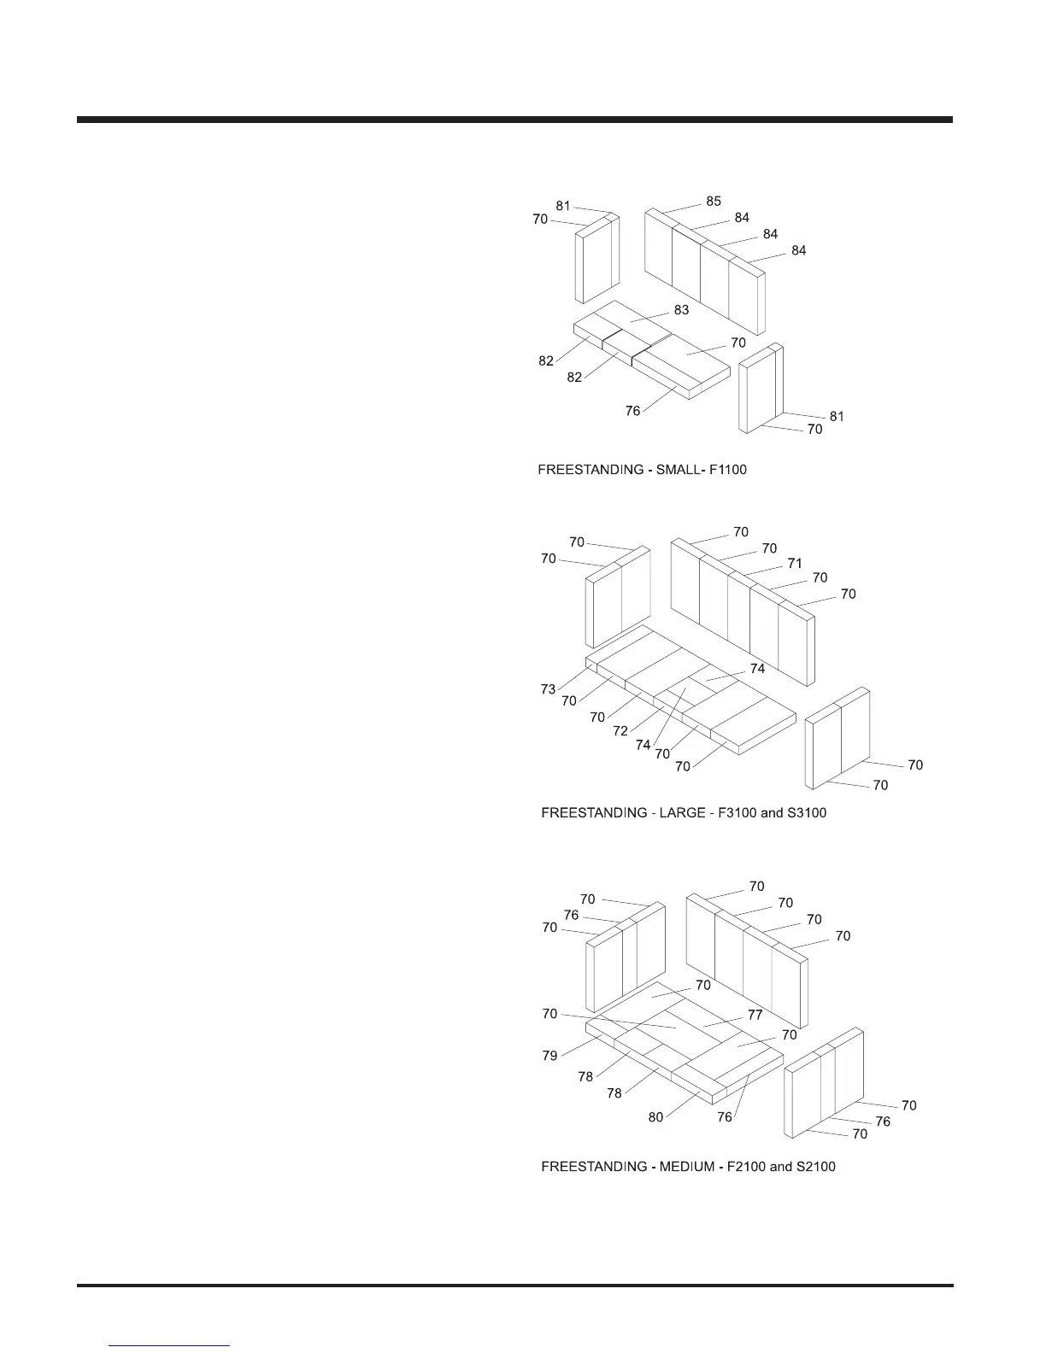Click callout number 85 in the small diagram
pos(714,202)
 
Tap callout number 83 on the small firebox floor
pos(681,310)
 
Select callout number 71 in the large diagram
pos(795,564)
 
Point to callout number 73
pos(548,689)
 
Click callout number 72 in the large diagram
pos(620,731)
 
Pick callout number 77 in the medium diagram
pos(755,1016)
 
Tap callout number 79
pos(549,1056)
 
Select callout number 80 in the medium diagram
pos(655,1117)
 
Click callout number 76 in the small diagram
pos(632,412)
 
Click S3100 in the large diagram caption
pos(806,813)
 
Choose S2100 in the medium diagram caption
pos(814,1167)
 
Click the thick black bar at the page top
pos(514,120)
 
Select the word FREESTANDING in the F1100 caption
pos(591,471)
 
